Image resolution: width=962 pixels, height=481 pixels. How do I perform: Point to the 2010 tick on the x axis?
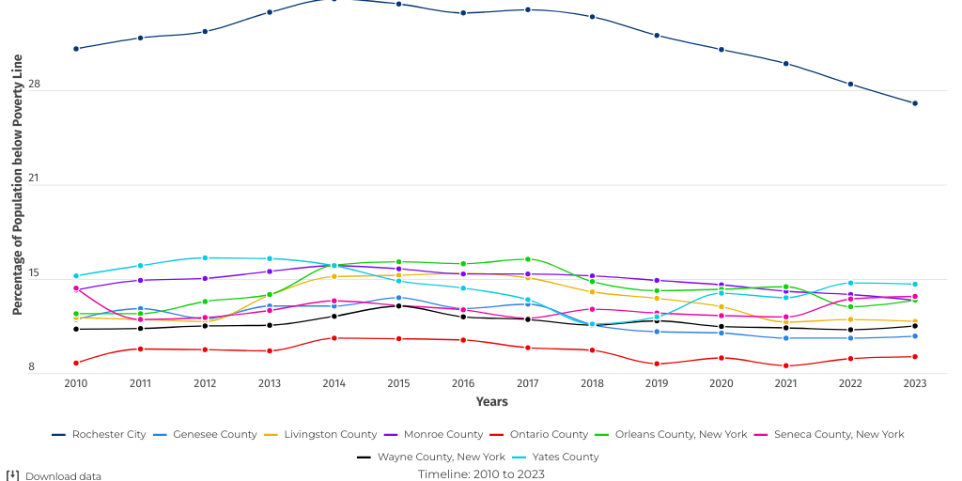click(x=76, y=383)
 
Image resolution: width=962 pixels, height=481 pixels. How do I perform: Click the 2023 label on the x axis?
click(x=914, y=383)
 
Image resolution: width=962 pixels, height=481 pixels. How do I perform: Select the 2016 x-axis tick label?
click(x=462, y=383)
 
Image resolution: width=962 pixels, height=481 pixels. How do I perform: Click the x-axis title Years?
click(x=491, y=402)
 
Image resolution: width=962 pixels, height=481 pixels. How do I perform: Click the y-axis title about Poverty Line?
click(x=17, y=184)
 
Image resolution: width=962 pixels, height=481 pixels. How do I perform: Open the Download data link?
click(x=62, y=476)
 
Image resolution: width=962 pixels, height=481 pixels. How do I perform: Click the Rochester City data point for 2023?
click(x=914, y=103)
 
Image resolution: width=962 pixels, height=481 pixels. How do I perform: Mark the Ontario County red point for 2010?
click(x=76, y=363)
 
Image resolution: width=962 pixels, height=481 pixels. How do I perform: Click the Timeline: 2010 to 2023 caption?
click(x=481, y=474)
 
